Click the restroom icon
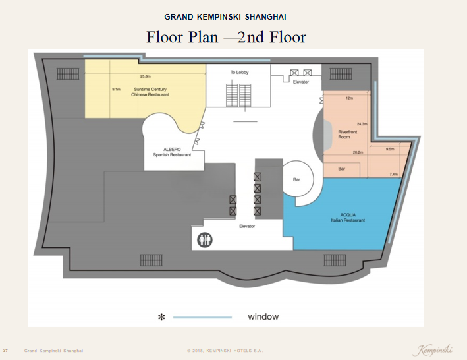[205, 239]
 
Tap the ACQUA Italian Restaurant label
[348, 217]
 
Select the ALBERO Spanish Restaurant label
[172, 152]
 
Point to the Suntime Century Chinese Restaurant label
[150, 92]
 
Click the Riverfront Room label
[348, 135]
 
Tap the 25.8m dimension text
[146, 76]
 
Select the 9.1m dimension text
[116, 90]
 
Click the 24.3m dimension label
[362, 124]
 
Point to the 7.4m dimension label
[393, 174]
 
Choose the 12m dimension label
[349, 98]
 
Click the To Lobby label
[240, 72]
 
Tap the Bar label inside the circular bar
[296, 180]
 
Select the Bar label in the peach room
[342, 169]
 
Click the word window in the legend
[263, 316]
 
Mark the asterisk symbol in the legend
[161, 317]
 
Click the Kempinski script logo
[433, 350]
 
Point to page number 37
[5, 351]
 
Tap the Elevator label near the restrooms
[247, 227]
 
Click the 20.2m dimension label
[358, 152]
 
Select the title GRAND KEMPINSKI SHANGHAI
[225, 17]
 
